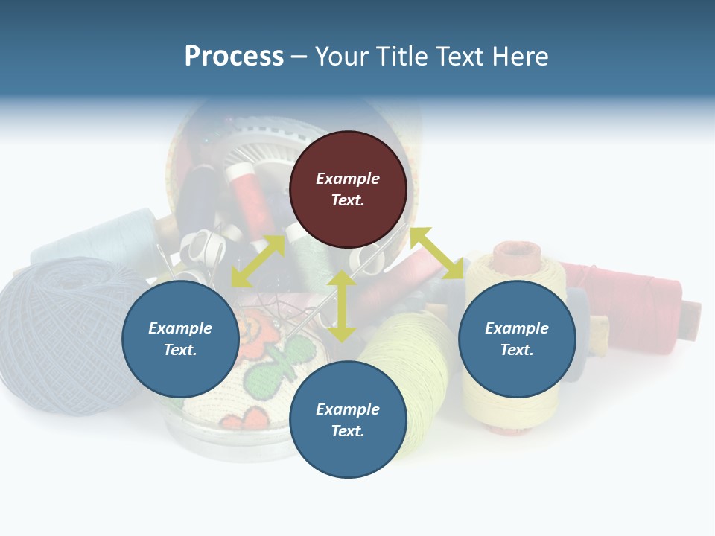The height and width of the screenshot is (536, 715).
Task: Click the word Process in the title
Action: [234, 57]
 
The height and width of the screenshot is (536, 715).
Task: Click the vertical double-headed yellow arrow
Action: [341, 306]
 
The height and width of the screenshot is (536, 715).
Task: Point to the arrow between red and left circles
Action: [258, 261]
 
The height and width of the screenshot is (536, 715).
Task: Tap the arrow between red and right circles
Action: [437, 253]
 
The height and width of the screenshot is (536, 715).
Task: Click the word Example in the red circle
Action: [348, 179]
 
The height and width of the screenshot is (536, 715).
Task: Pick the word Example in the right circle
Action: [517, 328]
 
